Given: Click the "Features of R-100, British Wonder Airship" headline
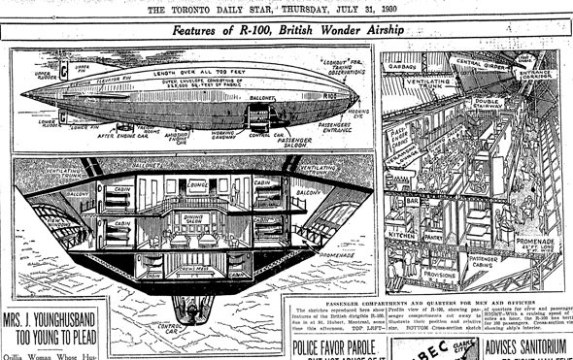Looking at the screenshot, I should click(290, 31).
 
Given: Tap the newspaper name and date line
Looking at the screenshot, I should click(287, 9).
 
